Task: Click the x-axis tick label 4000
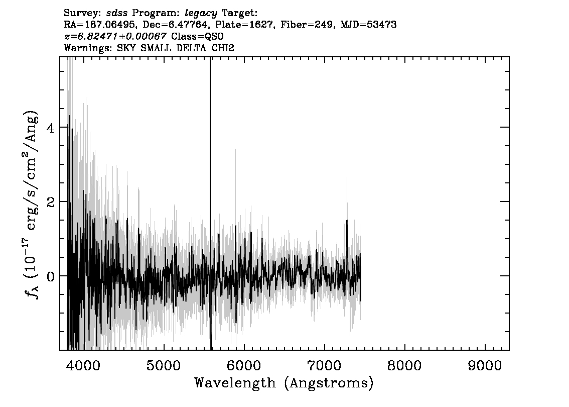(83, 366)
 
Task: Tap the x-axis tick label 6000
(244, 366)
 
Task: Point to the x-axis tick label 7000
(324, 366)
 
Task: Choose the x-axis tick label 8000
(404, 366)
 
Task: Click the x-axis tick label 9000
(485, 366)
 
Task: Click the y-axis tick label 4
(51, 128)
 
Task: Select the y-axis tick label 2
(51, 201)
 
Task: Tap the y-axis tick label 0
(51, 276)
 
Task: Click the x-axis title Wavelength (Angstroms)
(284, 383)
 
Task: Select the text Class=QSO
(197, 36)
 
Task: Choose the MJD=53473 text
(368, 25)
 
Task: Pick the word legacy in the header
(201, 14)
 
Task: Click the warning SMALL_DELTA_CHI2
(187, 48)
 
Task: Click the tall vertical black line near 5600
(210, 203)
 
